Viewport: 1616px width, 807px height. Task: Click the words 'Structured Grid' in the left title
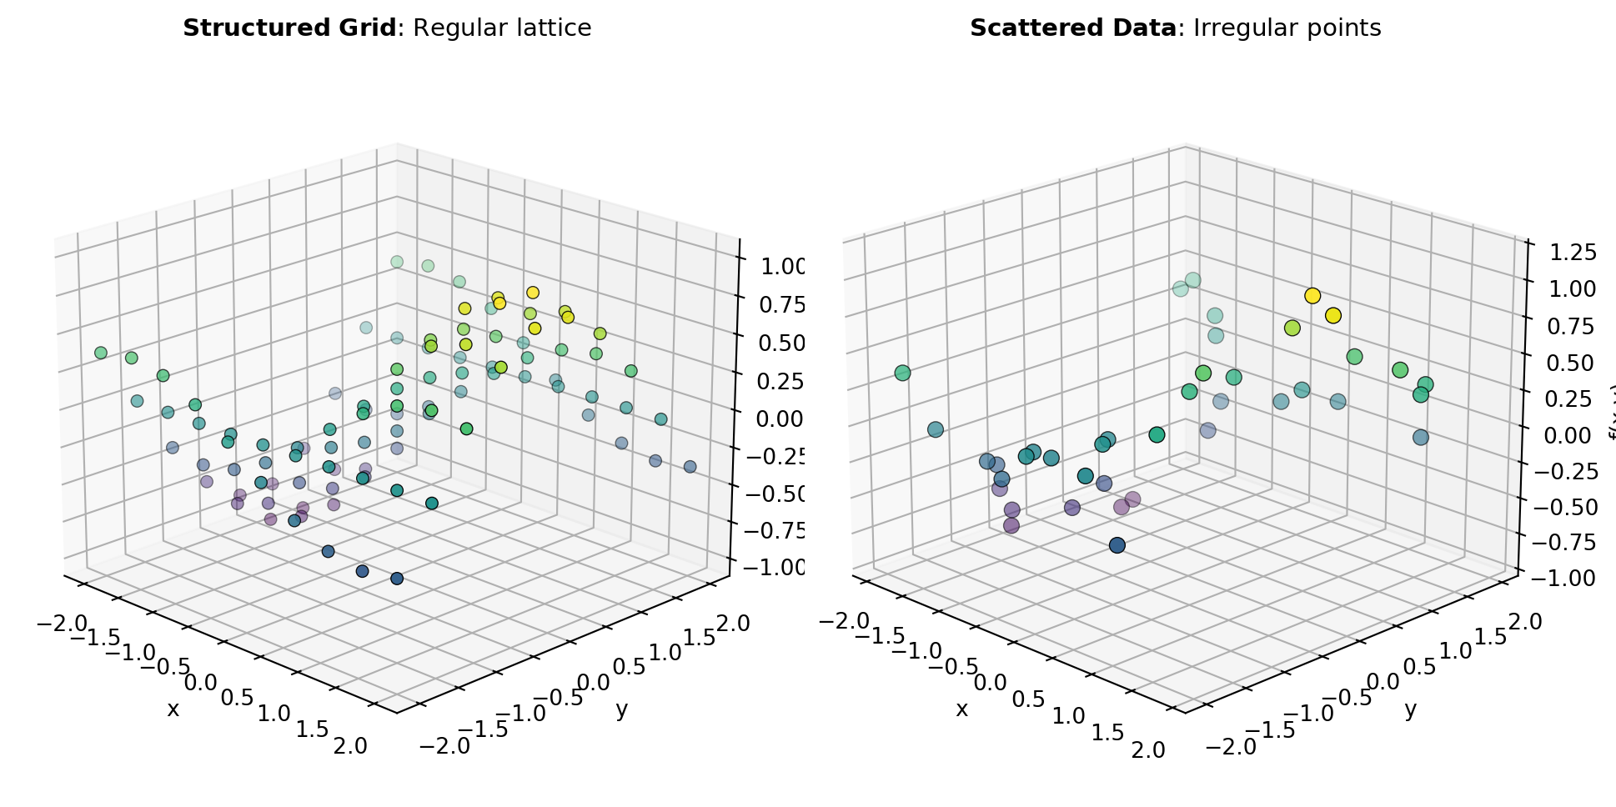point(289,28)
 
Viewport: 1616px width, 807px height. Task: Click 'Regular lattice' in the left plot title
point(502,28)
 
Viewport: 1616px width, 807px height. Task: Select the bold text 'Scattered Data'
point(1071,28)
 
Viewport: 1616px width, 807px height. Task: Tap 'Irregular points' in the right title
point(1287,28)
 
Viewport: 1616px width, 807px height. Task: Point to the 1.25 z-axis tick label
point(1566,252)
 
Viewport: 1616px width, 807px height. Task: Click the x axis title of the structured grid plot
point(173,709)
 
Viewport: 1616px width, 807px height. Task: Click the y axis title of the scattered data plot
point(1410,709)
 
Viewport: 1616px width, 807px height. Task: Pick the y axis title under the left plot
point(621,709)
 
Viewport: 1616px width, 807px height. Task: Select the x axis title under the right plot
point(962,709)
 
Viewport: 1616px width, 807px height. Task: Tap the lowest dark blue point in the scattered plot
point(1117,545)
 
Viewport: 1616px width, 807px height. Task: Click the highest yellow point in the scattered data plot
point(1312,296)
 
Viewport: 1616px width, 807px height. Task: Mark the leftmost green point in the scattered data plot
point(902,373)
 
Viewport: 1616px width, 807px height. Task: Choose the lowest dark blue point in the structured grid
point(397,579)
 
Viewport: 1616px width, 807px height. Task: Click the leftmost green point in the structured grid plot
point(101,353)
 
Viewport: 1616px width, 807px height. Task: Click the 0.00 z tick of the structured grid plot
point(780,418)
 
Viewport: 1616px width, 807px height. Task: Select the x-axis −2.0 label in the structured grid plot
point(63,623)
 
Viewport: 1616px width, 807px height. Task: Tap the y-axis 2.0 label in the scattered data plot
point(1523,622)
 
